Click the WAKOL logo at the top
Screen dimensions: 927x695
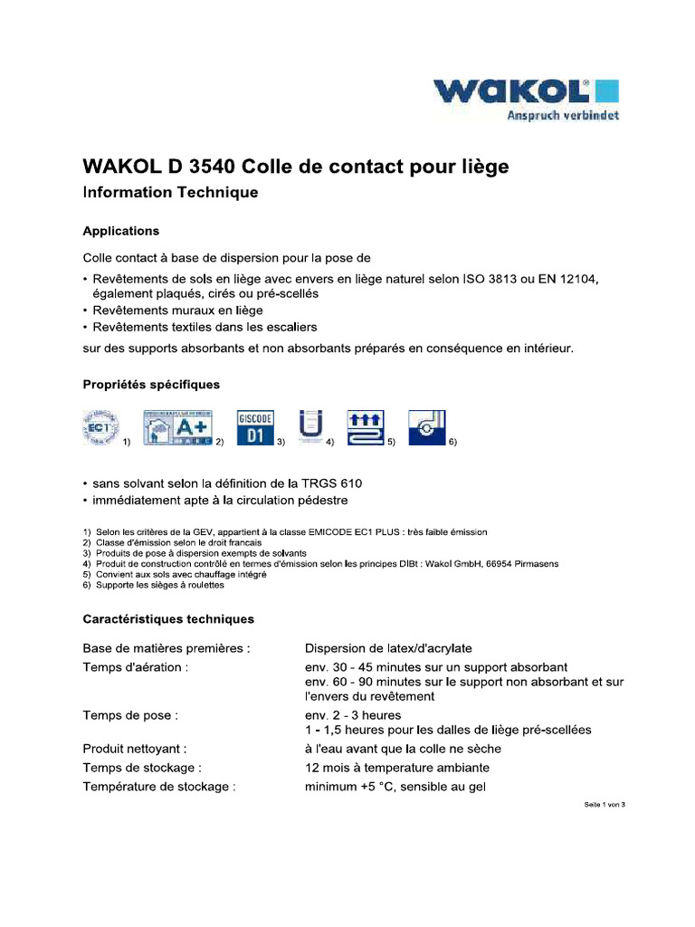(x=526, y=92)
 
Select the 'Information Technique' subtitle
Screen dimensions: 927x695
(x=170, y=193)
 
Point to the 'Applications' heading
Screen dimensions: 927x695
(x=121, y=231)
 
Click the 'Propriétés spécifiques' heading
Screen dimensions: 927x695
(x=151, y=385)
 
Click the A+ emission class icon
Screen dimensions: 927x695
(x=176, y=426)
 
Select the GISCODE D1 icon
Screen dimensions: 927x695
(x=255, y=427)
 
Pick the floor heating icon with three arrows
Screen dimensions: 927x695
(x=367, y=426)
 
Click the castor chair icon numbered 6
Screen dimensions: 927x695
(x=426, y=426)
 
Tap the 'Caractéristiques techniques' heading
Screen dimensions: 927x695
(x=168, y=619)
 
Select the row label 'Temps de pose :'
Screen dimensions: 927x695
(x=130, y=714)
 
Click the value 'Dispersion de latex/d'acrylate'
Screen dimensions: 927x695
(x=388, y=648)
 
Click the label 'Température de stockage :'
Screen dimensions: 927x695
(x=159, y=787)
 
